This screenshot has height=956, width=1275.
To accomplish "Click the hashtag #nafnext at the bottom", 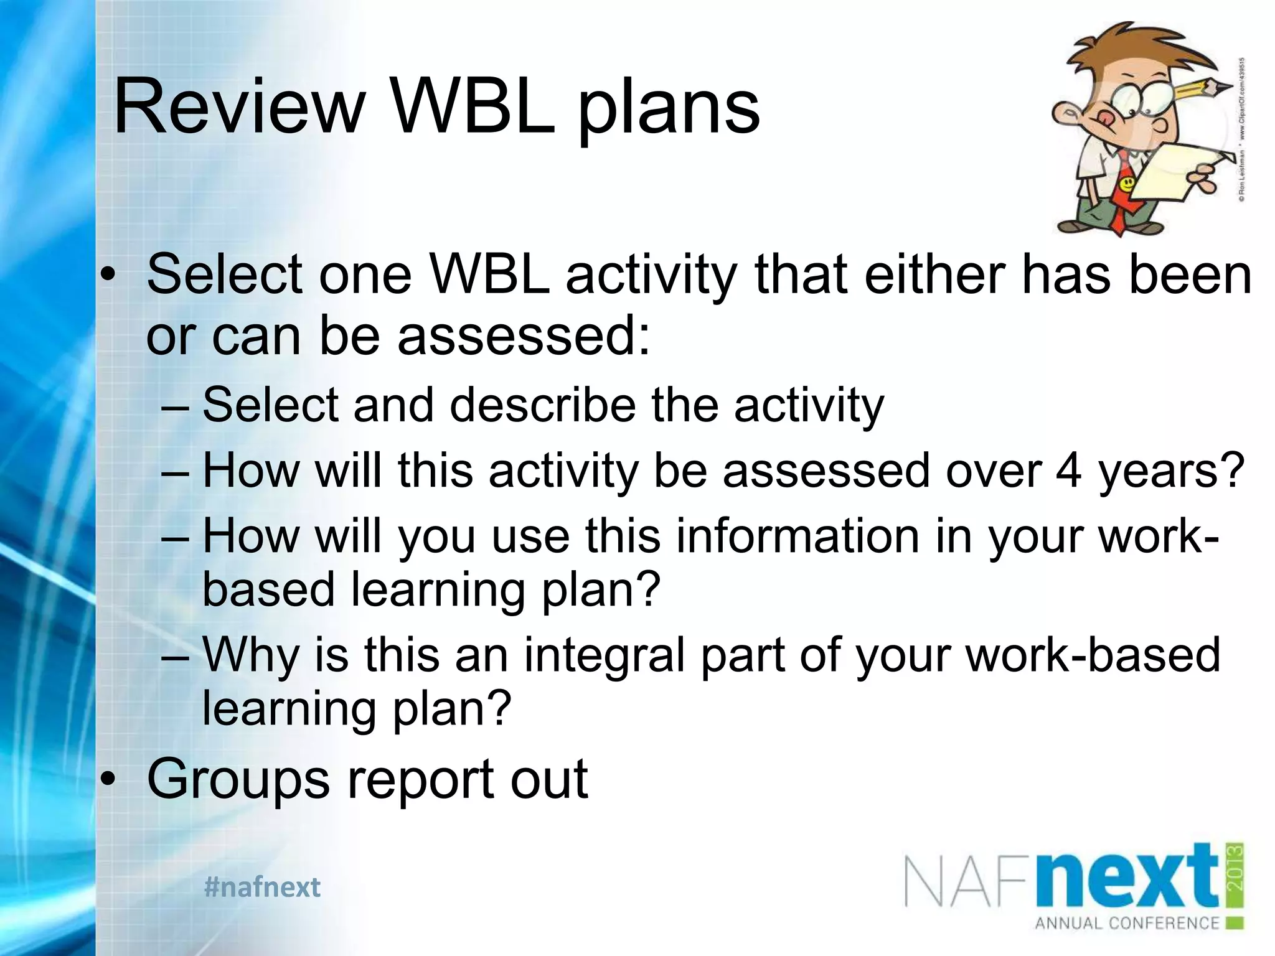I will (x=262, y=887).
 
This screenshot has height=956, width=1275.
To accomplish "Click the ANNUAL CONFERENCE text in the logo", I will (x=1126, y=922).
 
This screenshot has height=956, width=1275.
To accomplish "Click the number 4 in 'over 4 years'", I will (x=1068, y=471).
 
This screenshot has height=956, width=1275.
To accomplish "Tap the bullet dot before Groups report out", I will (x=110, y=779).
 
